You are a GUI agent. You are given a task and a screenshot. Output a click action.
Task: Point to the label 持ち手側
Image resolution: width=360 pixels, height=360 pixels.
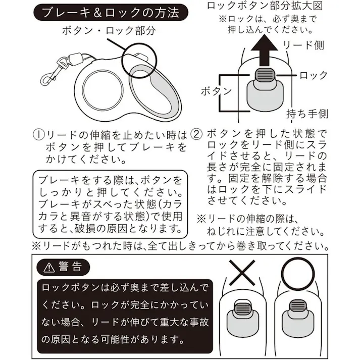[307, 113]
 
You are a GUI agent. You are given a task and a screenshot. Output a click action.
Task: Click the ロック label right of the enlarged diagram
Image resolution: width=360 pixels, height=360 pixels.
[313, 76]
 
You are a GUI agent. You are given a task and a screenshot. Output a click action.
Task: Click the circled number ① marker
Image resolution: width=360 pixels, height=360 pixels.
[39, 135]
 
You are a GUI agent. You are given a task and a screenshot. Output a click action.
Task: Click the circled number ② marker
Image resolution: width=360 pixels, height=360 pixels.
[198, 135]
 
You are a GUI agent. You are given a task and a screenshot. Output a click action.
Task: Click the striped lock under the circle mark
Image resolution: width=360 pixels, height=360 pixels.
[299, 306]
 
